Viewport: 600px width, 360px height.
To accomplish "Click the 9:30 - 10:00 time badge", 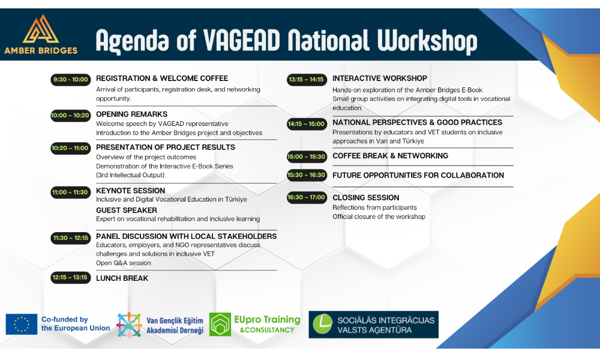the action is point(71,80).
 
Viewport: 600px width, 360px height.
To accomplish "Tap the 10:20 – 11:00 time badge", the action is point(71,148).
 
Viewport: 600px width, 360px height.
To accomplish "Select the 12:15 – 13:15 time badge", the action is point(71,277).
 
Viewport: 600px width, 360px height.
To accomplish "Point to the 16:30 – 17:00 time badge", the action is point(307,197).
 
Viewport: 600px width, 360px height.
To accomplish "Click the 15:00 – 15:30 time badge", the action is point(307,157).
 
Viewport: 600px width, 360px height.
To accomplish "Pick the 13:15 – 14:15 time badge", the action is point(307,80).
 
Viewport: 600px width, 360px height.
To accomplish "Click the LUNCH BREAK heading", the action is point(122,278).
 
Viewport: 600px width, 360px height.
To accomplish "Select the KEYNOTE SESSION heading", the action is point(130,191).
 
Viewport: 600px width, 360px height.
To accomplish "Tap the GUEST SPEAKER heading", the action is point(127,211).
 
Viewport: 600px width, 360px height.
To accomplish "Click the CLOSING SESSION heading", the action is point(366,198).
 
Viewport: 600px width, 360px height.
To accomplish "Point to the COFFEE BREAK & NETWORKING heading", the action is point(391,156).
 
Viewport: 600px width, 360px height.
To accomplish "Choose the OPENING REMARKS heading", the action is point(131,114).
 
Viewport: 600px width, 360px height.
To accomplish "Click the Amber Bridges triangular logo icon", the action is point(41,29).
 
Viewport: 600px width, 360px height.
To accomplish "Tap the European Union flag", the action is point(22,324).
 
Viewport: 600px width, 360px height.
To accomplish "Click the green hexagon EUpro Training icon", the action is point(220,325).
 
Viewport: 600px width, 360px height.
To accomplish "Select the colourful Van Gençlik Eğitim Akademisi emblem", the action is point(129,325).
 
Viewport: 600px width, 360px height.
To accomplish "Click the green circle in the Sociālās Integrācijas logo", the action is point(323,324).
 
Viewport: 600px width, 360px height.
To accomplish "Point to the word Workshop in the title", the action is point(427,41).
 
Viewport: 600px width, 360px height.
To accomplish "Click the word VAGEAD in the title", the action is point(241,40).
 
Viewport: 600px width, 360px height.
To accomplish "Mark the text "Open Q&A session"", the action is point(123,263).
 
